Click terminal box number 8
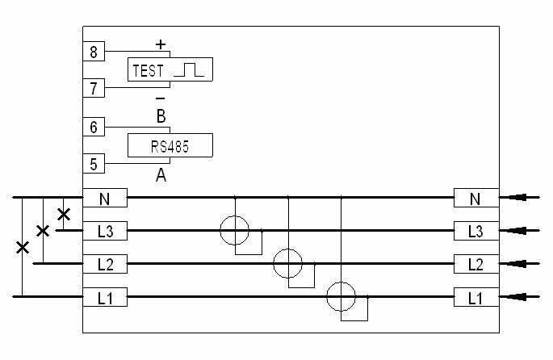click(x=94, y=51)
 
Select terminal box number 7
click(x=94, y=88)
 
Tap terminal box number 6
click(x=94, y=127)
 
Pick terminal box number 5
click(x=94, y=164)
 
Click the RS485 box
click(x=170, y=145)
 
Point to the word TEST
click(x=148, y=70)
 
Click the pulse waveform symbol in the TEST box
click(x=189, y=69)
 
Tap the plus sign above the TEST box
click(x=161, y=44)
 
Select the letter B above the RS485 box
click(x=161, y=116)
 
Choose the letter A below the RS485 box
click(x=161, y=174)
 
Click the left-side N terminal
click(x=105, y=198)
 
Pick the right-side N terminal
click(x=476, y=198)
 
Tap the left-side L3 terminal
click(x=105, y=231)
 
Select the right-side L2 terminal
click(x=476, y=264)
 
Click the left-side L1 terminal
click(x=105, y=297)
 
